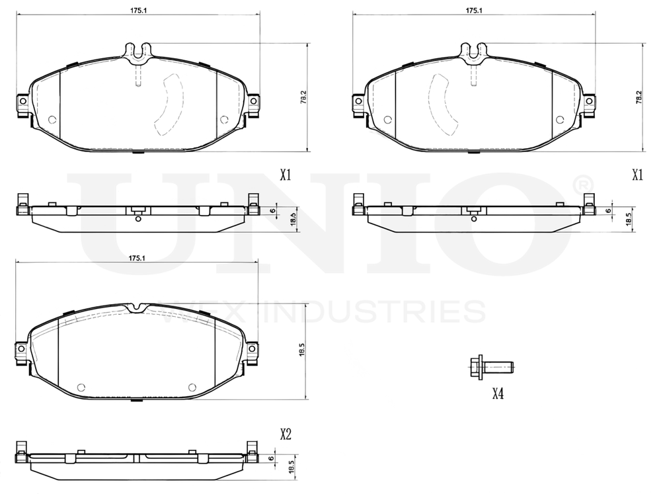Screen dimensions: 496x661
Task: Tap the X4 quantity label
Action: (498, 394)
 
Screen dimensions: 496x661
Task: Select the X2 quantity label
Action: (286, 434)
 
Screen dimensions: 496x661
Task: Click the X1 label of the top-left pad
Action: (286, 175)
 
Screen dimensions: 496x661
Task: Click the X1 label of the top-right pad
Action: (637, 175)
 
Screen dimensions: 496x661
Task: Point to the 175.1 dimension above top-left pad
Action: (137, 11)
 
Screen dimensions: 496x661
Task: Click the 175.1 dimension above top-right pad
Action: (473, 11)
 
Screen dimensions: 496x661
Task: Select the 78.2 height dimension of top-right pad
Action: (639, 97)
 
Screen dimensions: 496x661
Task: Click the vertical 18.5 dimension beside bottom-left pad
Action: (301, 351)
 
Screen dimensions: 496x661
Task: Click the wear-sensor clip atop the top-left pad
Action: (138, 52)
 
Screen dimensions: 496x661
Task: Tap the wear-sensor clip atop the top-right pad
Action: (473, 52)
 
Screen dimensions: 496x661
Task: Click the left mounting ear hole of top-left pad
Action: (21, 101)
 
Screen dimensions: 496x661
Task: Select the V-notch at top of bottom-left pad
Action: (137, 308)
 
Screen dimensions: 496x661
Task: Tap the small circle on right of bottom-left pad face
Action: (192, 388)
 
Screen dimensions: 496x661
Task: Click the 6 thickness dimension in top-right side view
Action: (608, 211)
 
